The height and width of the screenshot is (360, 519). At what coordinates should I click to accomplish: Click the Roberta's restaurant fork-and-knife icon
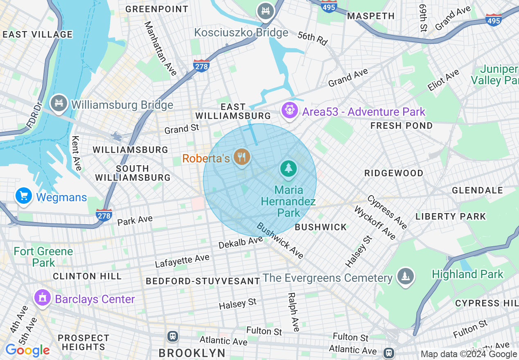[x=241, y=156]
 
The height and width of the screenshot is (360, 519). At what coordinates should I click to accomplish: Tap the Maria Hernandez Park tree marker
[x=289, y=168]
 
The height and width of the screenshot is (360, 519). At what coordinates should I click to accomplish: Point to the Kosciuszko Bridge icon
[x=266, y=11]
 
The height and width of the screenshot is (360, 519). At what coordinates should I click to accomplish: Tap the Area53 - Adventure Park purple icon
[x=290, y=110]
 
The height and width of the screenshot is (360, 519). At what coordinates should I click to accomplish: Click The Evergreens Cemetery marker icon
[x=405, y=277]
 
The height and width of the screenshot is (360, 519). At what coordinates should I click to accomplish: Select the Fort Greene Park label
[x=43, y=256]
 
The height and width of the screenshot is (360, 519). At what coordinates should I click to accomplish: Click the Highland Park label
[x=467, y=274]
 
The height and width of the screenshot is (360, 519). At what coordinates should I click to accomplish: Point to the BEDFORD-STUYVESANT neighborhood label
[x=203, y=281]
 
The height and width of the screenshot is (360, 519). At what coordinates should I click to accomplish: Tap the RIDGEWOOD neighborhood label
[x=394, y=173]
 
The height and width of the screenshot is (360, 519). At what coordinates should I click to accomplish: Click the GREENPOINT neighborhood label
[x=157, y=9]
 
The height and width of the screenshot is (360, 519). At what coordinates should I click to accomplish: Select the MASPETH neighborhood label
[x=371, y=16]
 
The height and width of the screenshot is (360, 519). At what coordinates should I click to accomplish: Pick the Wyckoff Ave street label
[x=375, y=223]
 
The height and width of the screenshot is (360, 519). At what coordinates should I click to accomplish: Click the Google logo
[x=27, y=350]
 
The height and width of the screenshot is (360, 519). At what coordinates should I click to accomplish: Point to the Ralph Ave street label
[x=294, y=312]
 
